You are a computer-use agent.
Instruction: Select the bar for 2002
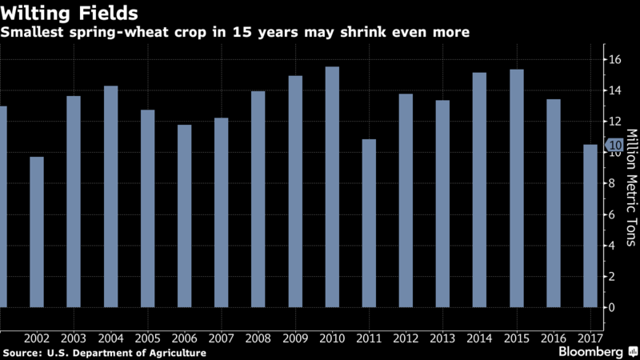click(x=37, y=232)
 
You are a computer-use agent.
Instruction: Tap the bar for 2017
click(x=590, y=226)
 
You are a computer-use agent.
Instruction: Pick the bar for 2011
click(x=369, y=223)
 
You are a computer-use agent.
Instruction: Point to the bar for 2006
click(x=184, y=216)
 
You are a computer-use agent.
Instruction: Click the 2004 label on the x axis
click(x=110, y=338)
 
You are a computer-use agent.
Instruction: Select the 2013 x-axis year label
click(x=442, y=338)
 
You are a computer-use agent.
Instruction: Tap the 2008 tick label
click(x=258, y=338)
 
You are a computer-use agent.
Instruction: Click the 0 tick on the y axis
click(x=611, y=307)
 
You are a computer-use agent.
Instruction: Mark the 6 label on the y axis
click(x=611, y=214)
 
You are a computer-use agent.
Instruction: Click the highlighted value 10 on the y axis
click(x=614, y=146)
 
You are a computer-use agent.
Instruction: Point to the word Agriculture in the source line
click(x=175, y=353)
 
